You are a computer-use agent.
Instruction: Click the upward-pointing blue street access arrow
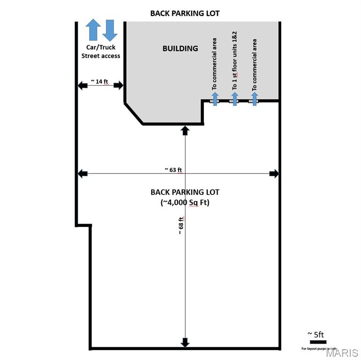(93, 30)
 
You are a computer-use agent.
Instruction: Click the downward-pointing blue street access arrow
(110, 30)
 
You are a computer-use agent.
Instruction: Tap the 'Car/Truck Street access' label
(101, 52)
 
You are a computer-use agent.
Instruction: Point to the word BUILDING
(180, 48)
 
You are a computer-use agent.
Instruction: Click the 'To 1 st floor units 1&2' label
(235, 61)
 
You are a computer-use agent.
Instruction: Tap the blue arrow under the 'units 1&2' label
(235, 99)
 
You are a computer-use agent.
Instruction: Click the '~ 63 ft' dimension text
(173, 169)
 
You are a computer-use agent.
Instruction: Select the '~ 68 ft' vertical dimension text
(180, 225)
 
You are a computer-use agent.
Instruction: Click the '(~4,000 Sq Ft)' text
(185, 202)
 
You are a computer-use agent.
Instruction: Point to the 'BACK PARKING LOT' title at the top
(185, 14)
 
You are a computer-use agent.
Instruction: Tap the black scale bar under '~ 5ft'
(318, 342)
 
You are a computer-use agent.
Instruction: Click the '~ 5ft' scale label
(316, 334)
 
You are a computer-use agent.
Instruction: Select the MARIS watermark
(342, 353)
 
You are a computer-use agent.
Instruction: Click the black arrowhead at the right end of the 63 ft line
(274, 174)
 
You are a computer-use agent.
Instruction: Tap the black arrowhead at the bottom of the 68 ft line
(185, 343)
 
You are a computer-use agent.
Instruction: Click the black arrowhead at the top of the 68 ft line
(185, 130)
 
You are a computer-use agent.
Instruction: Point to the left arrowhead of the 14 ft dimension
(83, 85)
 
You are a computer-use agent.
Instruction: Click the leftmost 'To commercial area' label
(215, 64)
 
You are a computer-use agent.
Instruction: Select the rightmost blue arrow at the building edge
(255, 99)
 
